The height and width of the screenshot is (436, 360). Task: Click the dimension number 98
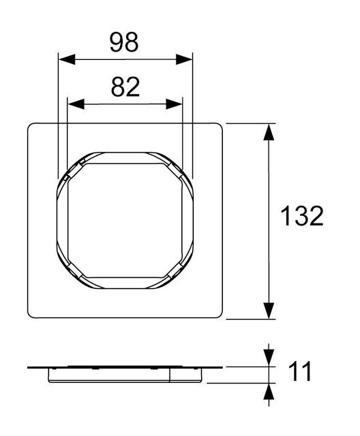124,42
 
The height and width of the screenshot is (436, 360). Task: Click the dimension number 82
125,87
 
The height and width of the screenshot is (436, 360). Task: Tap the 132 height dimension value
302,216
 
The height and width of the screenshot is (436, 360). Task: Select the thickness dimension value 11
300,371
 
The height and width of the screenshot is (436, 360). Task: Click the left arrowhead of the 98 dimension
67,59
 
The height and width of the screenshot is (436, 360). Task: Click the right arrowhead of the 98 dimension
184,59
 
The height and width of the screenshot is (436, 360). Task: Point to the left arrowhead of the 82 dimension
76,104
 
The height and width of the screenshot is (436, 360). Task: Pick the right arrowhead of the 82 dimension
174,104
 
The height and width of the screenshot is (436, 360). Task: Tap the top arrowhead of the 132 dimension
269,131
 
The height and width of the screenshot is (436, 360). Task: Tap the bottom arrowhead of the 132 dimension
269,311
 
